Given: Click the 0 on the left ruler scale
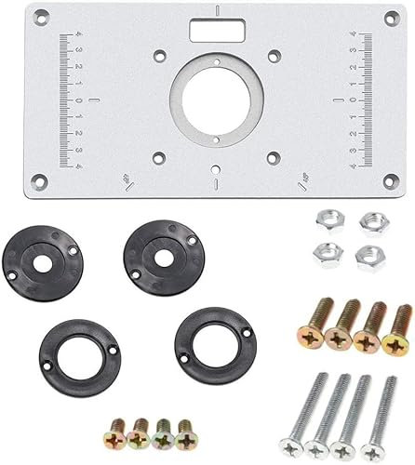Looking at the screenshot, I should [78, 98].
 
